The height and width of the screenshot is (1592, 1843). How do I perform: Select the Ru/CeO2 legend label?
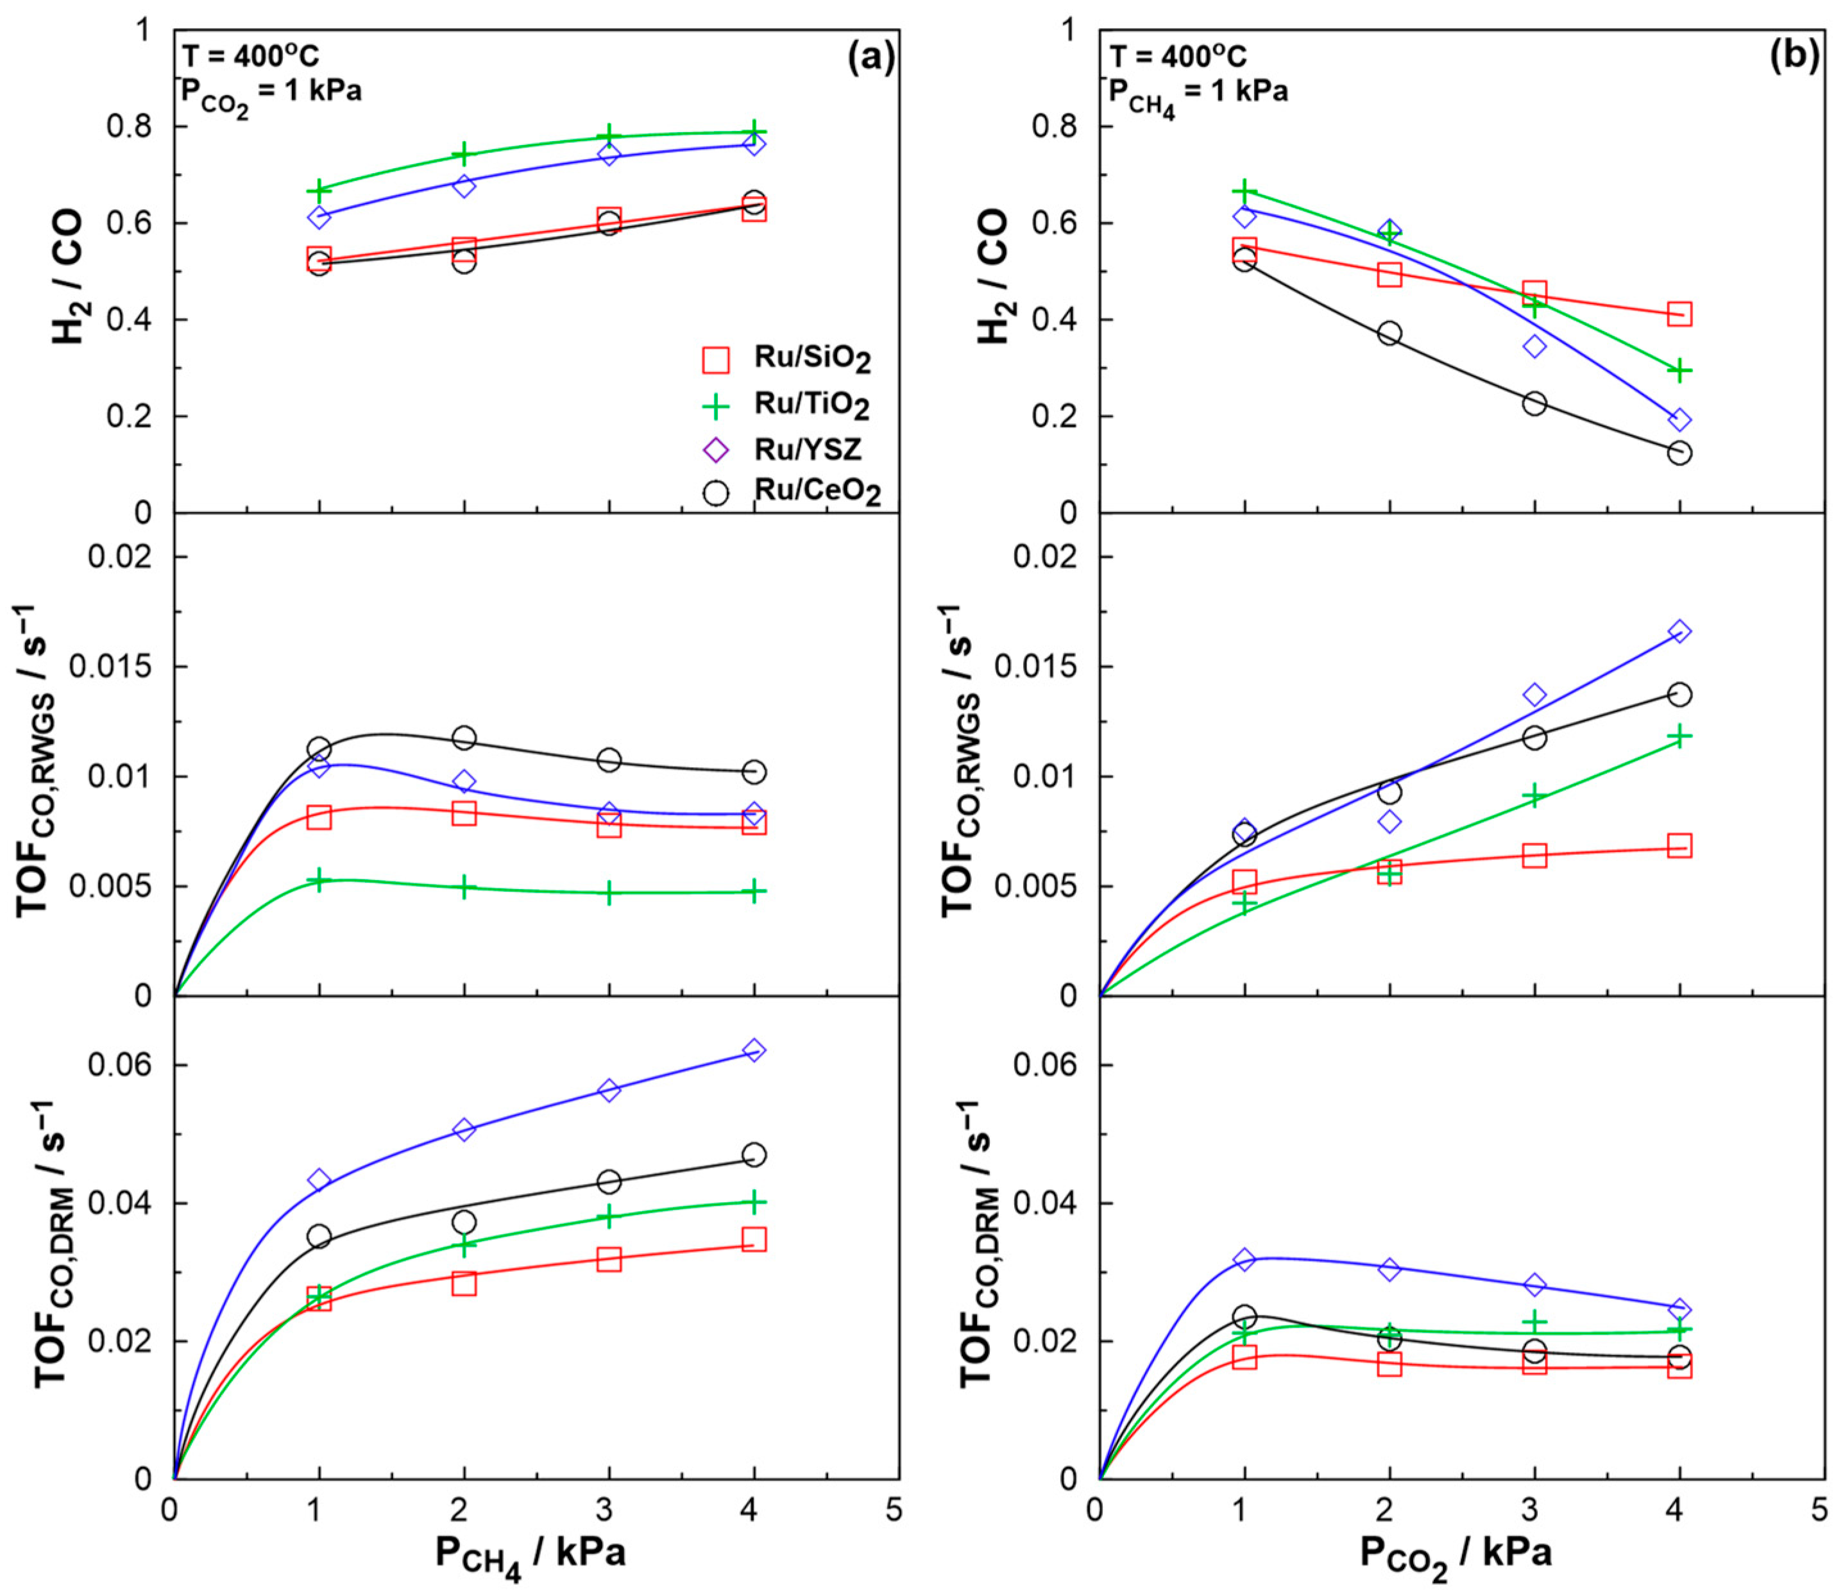pyautogui.click(x=817, y=490)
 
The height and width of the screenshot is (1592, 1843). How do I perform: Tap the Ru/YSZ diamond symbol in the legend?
pyautogui.click(x=716, y=450)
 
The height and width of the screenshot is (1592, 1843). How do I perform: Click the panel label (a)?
pyautogui.click(x=870, y=57)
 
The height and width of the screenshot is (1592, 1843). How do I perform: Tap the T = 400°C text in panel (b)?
pyautogui.click(x=1178, y=56)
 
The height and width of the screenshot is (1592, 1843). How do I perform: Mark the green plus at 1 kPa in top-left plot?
pyautogui.click(x=319, y=191)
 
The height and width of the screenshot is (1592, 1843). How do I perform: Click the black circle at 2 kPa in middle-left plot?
pyautogui.click(x=463, y=737)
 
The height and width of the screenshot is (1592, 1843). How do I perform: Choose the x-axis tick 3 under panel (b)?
pyautogui.click(x=1530, y=1510)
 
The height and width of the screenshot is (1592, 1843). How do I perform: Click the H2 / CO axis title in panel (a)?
pyautogui.click(x=69, y=276)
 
